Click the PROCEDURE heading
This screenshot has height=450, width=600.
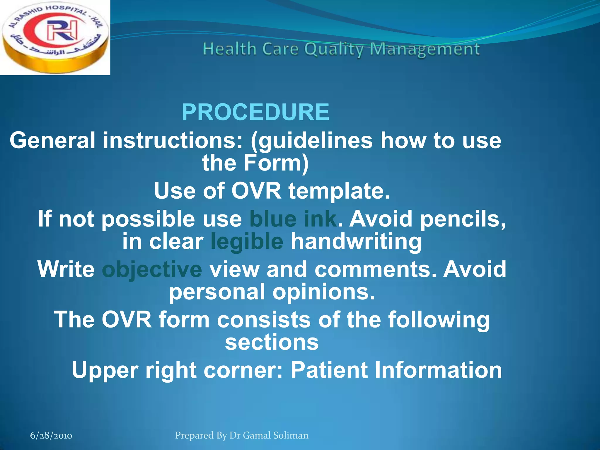point(255,112)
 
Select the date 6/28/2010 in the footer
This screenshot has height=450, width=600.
point(51,435)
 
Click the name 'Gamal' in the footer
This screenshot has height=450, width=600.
point(257,435)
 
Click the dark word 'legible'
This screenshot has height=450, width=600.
point(247,242)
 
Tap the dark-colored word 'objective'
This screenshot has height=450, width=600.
point(152,269)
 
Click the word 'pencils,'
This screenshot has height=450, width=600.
point(463,219)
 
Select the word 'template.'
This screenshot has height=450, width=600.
point(339,191)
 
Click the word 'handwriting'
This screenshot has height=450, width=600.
point(356,242)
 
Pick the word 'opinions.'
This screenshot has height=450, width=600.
point(324,292)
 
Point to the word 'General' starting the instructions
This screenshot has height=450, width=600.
point(52,140)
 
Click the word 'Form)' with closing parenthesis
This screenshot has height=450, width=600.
point(276,163)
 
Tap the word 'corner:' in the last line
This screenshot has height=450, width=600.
point(243,370)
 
